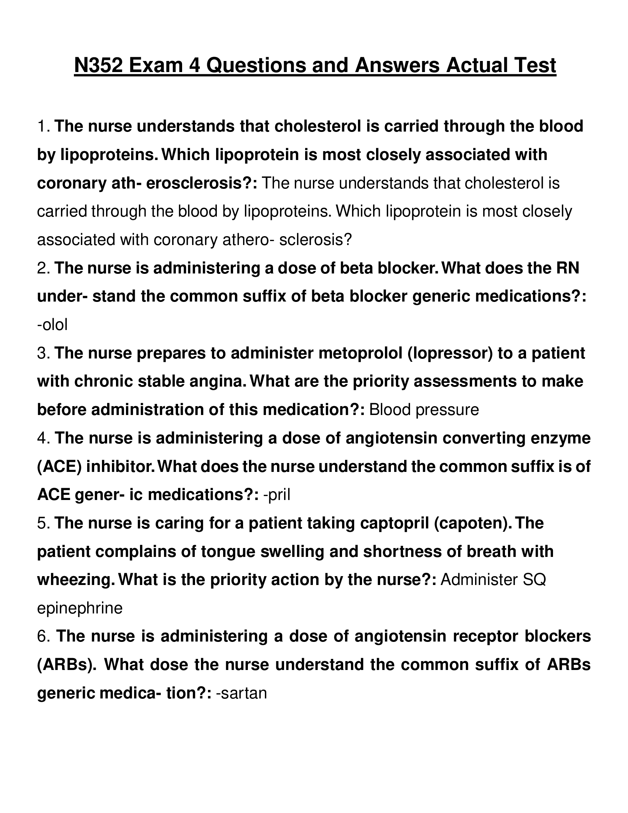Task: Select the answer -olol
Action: [x=52, y=325]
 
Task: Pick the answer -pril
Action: [x=276, y=495]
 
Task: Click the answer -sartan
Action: [x=242, y=693]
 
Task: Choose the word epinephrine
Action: [x=80, y=608]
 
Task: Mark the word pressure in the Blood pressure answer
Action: [x=447, y=410]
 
